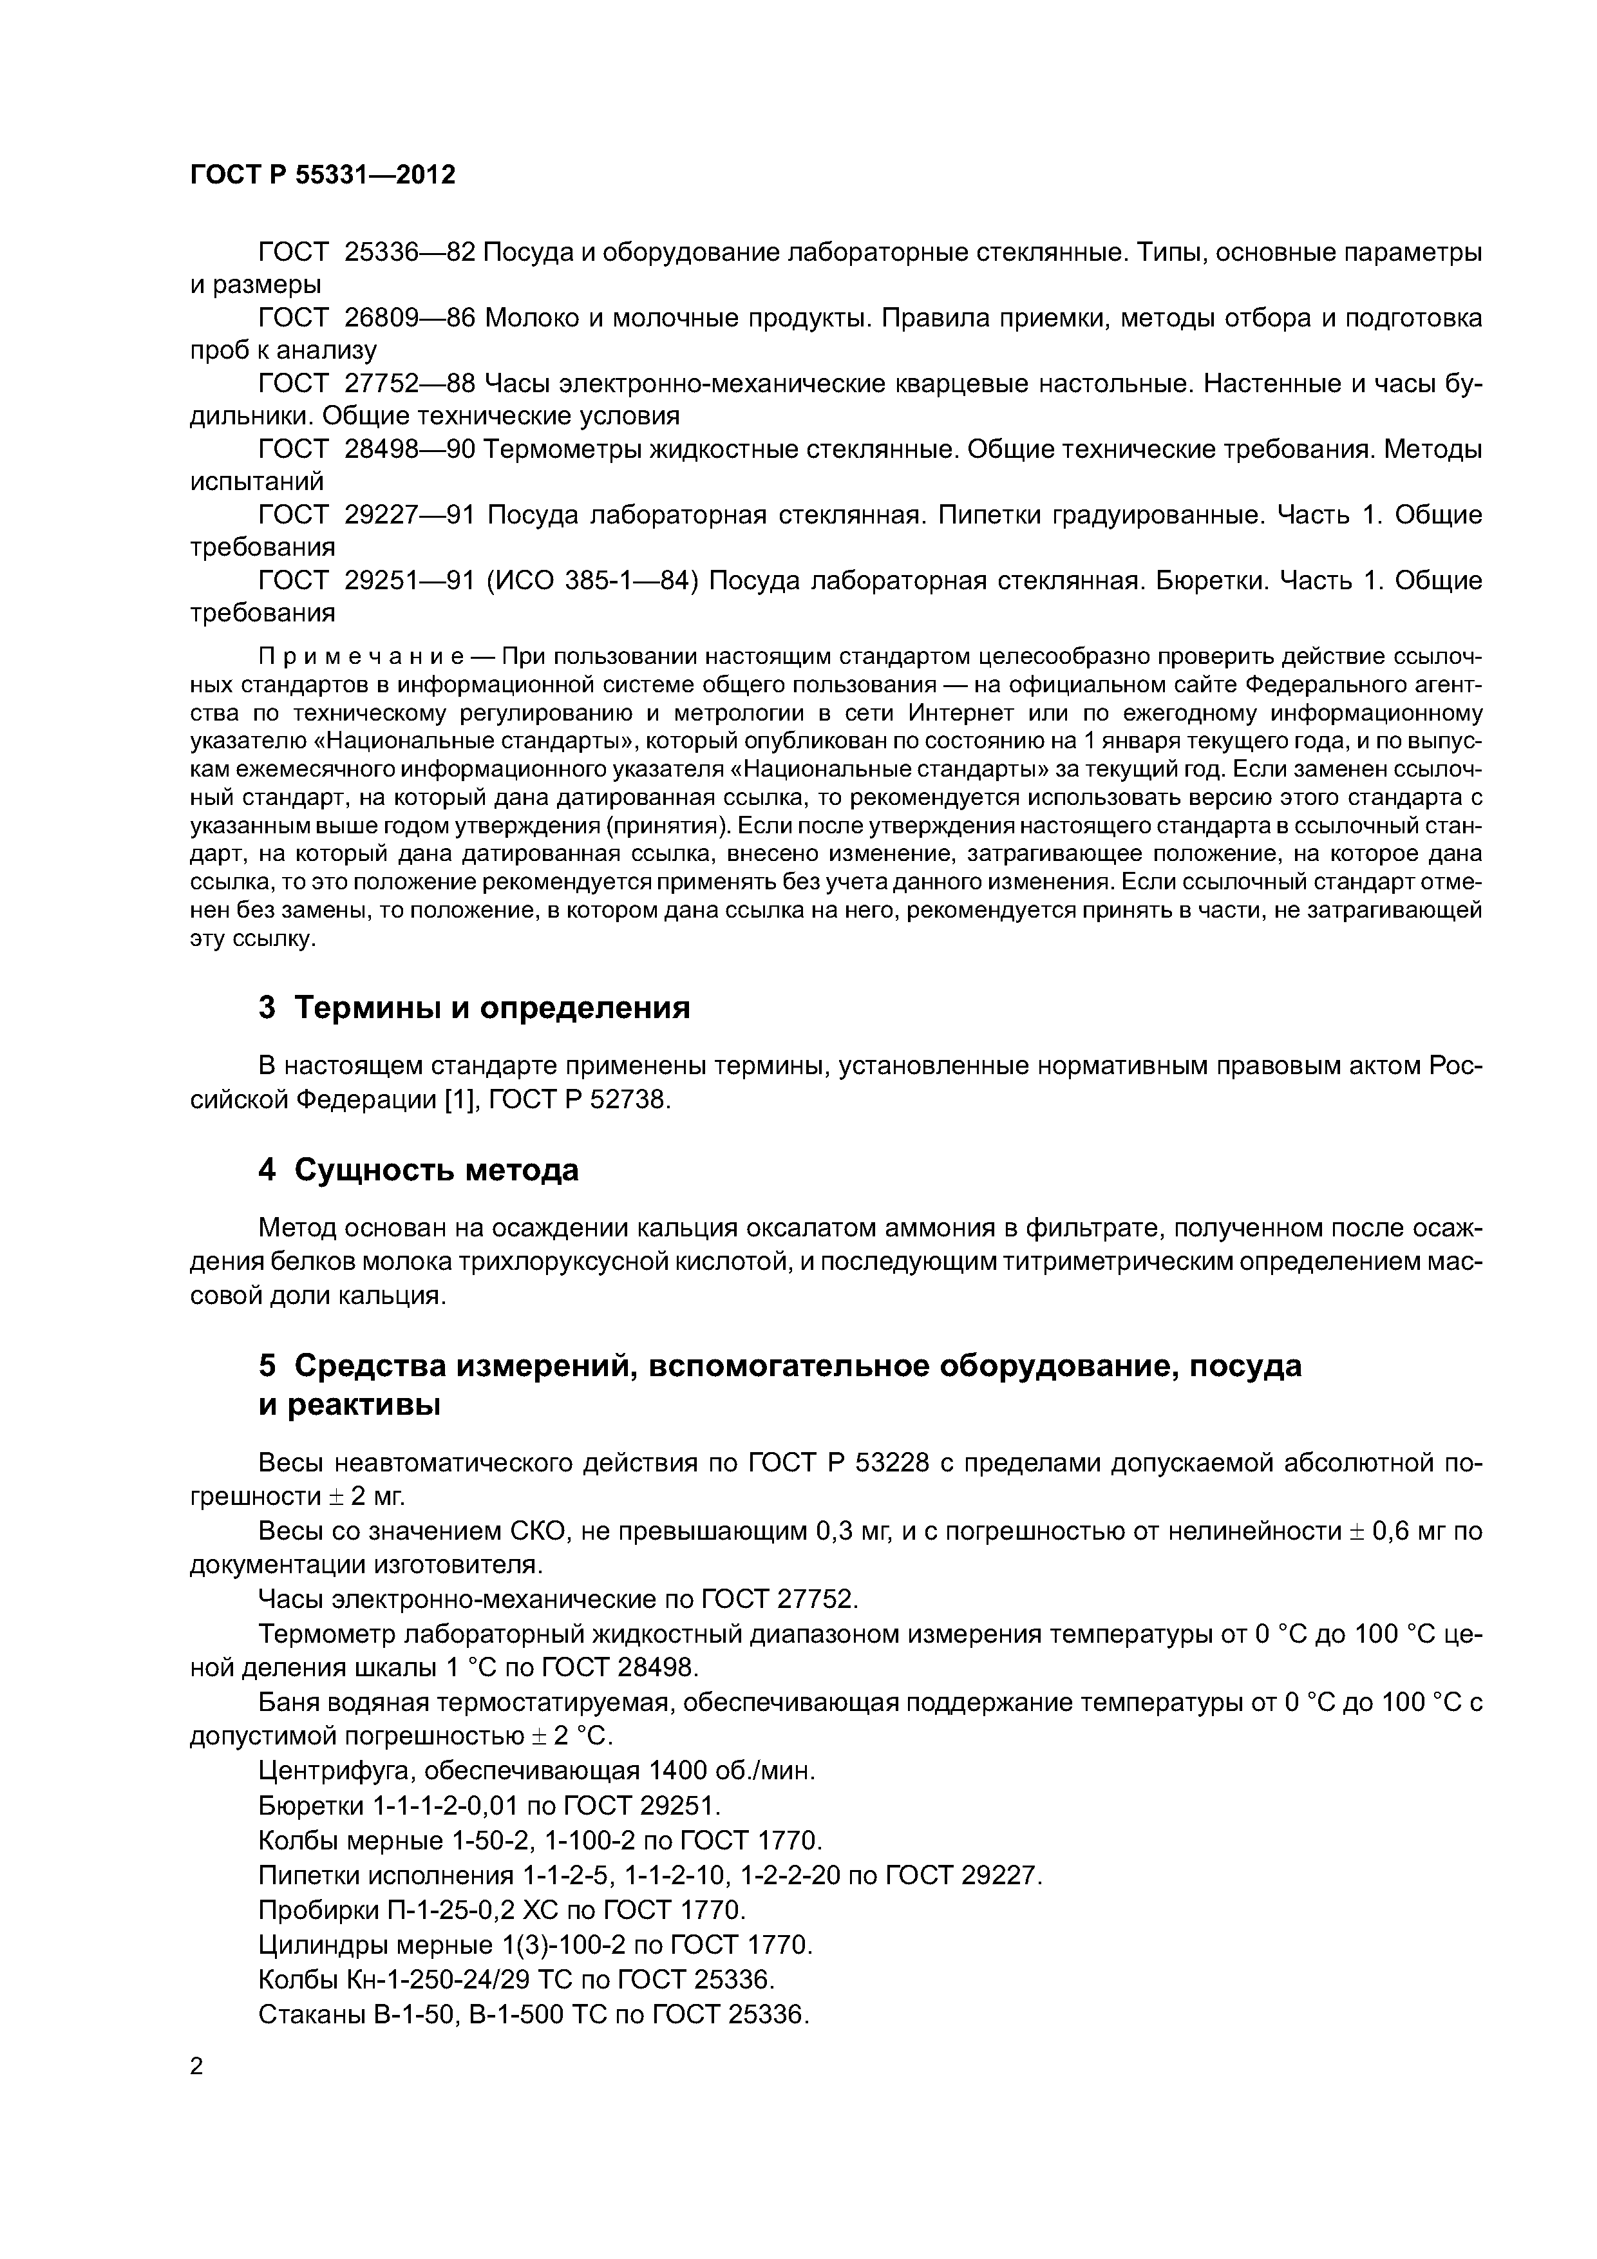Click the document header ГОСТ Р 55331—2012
coord(323,175)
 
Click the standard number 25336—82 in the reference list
coord(410,253)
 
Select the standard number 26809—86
coord(410,318)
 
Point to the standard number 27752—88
coord(410,384)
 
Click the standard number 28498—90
coord(410,449)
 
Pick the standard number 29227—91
coord(410,515)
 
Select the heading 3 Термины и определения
coord(475,1008)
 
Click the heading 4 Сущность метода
coord(418,1171)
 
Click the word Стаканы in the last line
coord(312,2015)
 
